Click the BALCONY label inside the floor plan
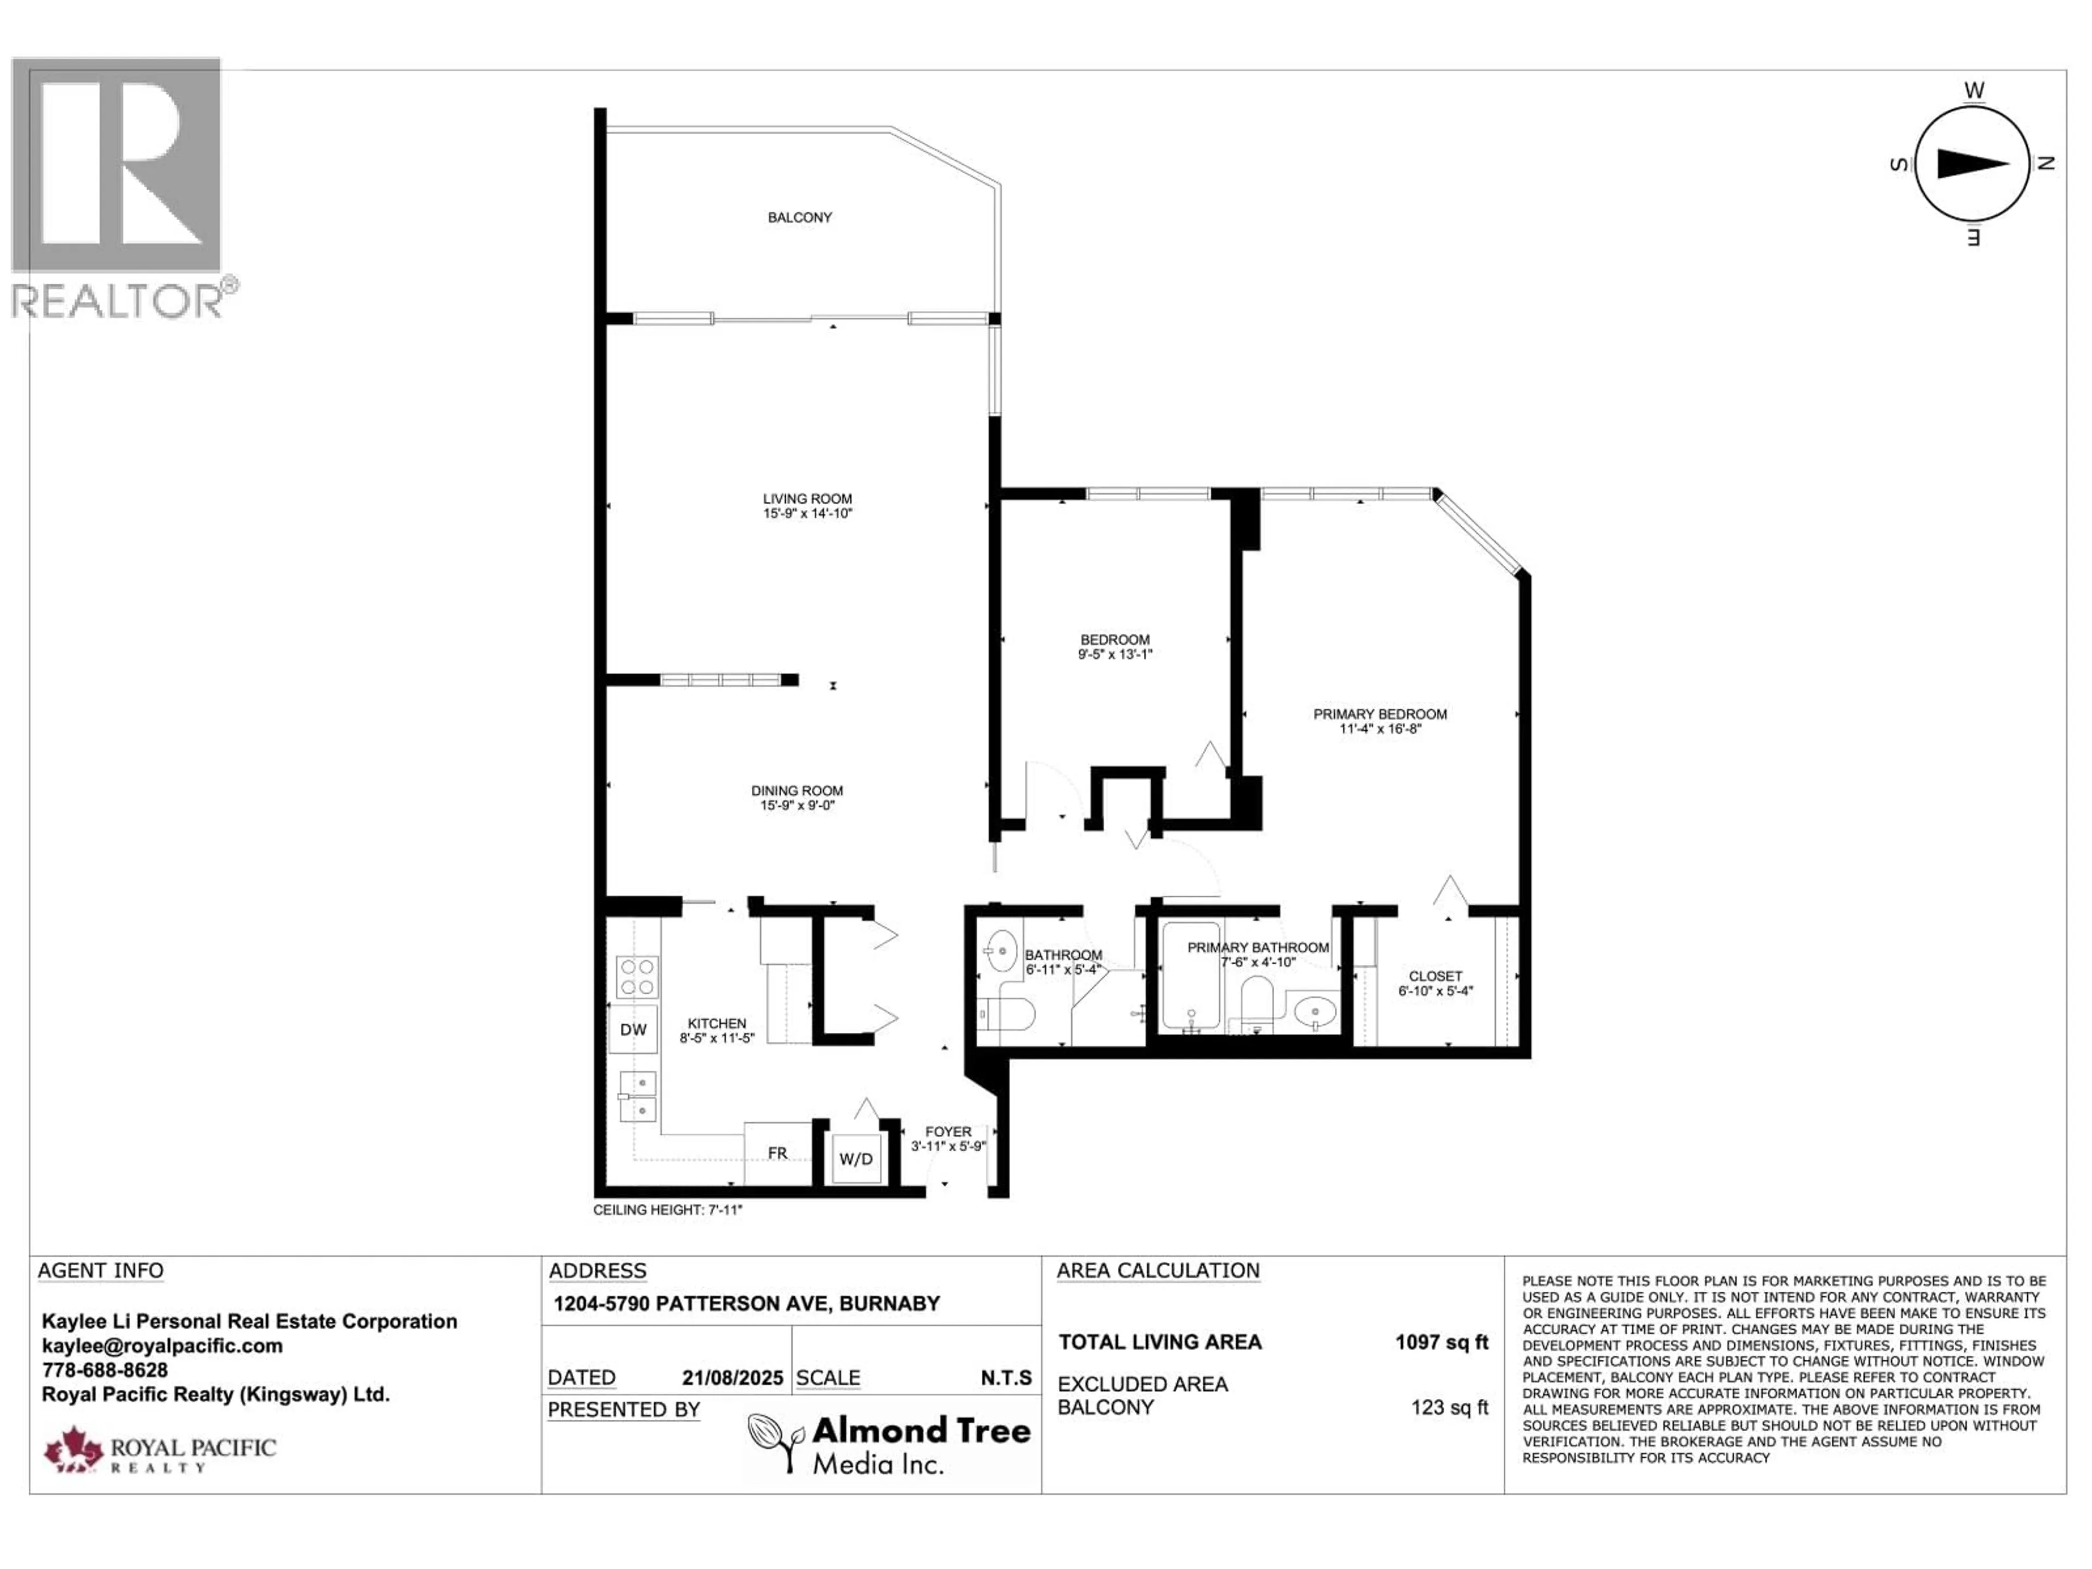pyautogui.click(x=799, y=217)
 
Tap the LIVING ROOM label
pyautogui.click(x=808, y=498)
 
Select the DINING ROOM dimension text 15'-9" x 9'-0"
pyautogui.click(x=797, y=806)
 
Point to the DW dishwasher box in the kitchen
pyautogui.click(x=633, y=1030)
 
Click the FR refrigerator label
pyautogui.click(x=777, y=1153)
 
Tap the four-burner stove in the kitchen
pyautogui.click(x=637, y=977)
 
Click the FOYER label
pyautogui.click(x=948, y=1131)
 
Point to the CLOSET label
pyautogui.click(x=1436, y=976)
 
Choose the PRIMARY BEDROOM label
pyautogui.click(x=1380, y=714)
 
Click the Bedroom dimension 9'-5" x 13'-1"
pyautogui.click(x=1115, y=654)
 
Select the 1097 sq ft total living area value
pyautogui.click(x=1442, y=1342)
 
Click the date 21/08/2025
pyautogui.click(x=733, y=1378)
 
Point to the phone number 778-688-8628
pyautogui.click(x=105, y=1370)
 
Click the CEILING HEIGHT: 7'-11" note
pyautogui.click(x=668, y=1209)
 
